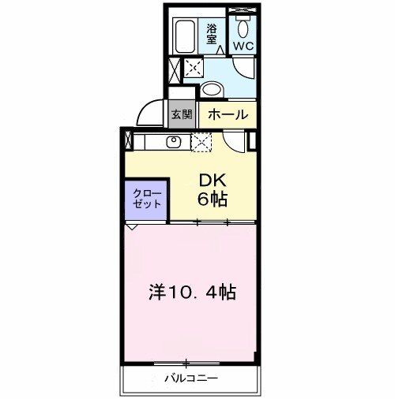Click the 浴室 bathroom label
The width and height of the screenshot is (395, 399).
pos(212,32)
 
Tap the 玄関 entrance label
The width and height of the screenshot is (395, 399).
pos(181,114)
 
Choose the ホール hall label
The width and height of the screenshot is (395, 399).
pos(228,114)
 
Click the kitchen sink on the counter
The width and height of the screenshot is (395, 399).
pos(175,143)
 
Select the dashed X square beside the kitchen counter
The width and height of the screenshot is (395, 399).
pos(201,143)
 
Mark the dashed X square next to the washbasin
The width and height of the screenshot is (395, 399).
pos(190,69)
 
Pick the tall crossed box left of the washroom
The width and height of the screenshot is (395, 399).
pos(174,69)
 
